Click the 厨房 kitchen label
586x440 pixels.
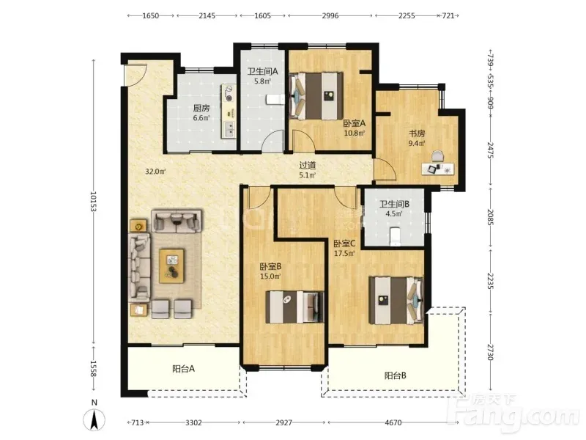(x=201, y=109)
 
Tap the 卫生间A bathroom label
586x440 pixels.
(x=262, y=71)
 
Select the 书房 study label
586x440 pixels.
(x=417, y=133)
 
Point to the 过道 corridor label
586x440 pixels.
(x=308, y=165)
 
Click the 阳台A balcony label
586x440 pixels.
(x=184, y=369)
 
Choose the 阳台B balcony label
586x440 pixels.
(x=396, y=375)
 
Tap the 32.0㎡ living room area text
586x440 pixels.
(x=155, y=172)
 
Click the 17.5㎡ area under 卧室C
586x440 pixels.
(x=344, y=253)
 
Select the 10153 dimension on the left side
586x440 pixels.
(x=93, y=202)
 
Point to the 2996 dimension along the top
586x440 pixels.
(x=330, y=15)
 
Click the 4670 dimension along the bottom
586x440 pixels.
(x=393, y=423)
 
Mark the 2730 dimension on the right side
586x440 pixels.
(x=491, y=352)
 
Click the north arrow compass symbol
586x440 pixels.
(x=94, y=419)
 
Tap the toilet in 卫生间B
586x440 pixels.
(x=395, y=236)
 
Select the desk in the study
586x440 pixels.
(x=438, y=169)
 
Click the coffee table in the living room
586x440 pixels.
(x=171, y=266)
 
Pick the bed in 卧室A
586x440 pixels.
(x=316, y=96)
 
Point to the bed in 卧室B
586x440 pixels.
(x=294, y=307)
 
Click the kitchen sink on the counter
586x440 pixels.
(x=229, y=129)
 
